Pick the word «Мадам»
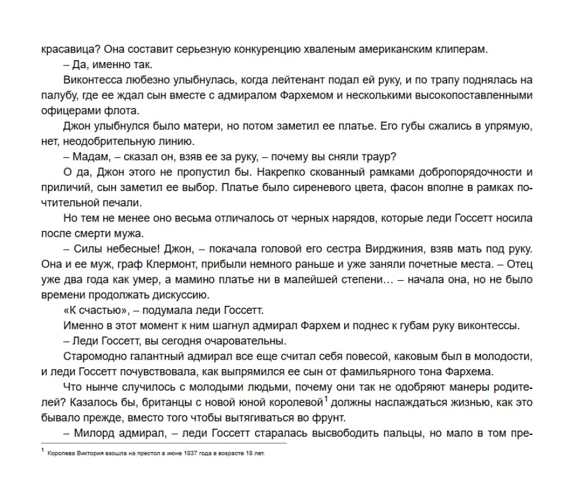pos(89,156)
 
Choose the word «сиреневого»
pos(344,187)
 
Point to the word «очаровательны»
pos(248,340)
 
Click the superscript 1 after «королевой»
pos(326,399)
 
